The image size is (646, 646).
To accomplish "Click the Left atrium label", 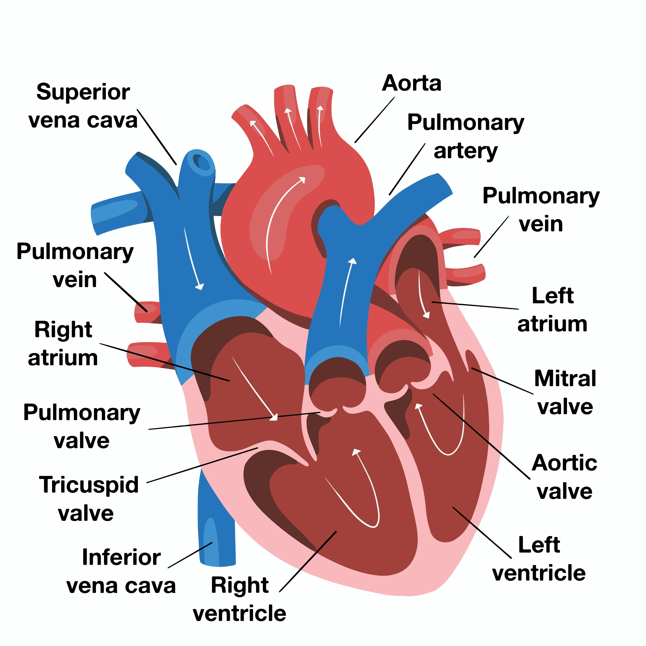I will click(x=552, y=310).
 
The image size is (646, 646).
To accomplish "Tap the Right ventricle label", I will click(x=239, y=599).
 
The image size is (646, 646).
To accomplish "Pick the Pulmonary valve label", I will click(x=82, y=426).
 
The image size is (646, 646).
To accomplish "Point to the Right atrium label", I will click(x=63, y=344).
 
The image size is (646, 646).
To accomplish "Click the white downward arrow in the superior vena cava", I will click(x=193, y=257).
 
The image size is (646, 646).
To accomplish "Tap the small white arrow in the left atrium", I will click(x=423, y=294).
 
